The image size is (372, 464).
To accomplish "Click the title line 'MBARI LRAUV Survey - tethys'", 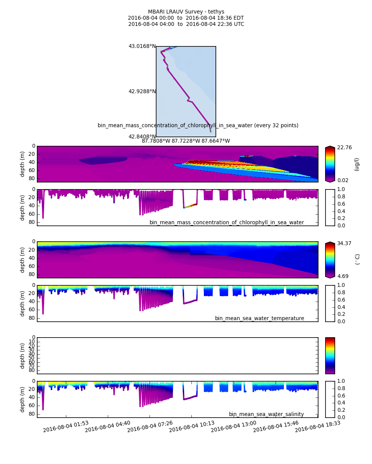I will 186,12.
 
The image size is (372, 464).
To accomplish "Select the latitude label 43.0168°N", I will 142,46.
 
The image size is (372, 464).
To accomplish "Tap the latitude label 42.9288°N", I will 142,92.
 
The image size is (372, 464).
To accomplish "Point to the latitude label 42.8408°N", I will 142,136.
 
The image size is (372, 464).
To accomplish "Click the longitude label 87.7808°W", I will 156,141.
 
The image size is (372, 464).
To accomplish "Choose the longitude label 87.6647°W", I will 215,141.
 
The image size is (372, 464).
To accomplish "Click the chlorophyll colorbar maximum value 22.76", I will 344,147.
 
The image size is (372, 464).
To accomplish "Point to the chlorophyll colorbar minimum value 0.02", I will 343,180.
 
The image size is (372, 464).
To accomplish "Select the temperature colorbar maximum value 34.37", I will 344,243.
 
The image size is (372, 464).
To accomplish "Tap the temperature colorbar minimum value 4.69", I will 343,276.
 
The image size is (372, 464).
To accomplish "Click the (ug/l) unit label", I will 357,164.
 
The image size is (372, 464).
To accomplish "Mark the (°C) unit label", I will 357,259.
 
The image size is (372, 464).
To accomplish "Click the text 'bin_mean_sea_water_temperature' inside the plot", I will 259,319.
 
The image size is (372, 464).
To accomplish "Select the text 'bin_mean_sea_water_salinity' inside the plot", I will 266,415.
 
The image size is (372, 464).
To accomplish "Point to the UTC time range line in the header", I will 186,24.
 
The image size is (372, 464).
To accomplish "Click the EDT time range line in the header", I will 186,18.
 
